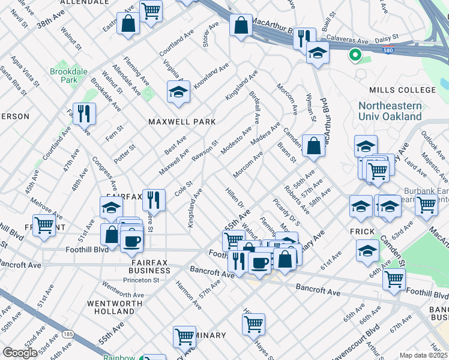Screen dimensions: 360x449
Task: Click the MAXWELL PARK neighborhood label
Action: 182,122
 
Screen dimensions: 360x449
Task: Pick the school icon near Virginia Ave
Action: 178,92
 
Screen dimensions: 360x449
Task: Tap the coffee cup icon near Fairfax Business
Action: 131,241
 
